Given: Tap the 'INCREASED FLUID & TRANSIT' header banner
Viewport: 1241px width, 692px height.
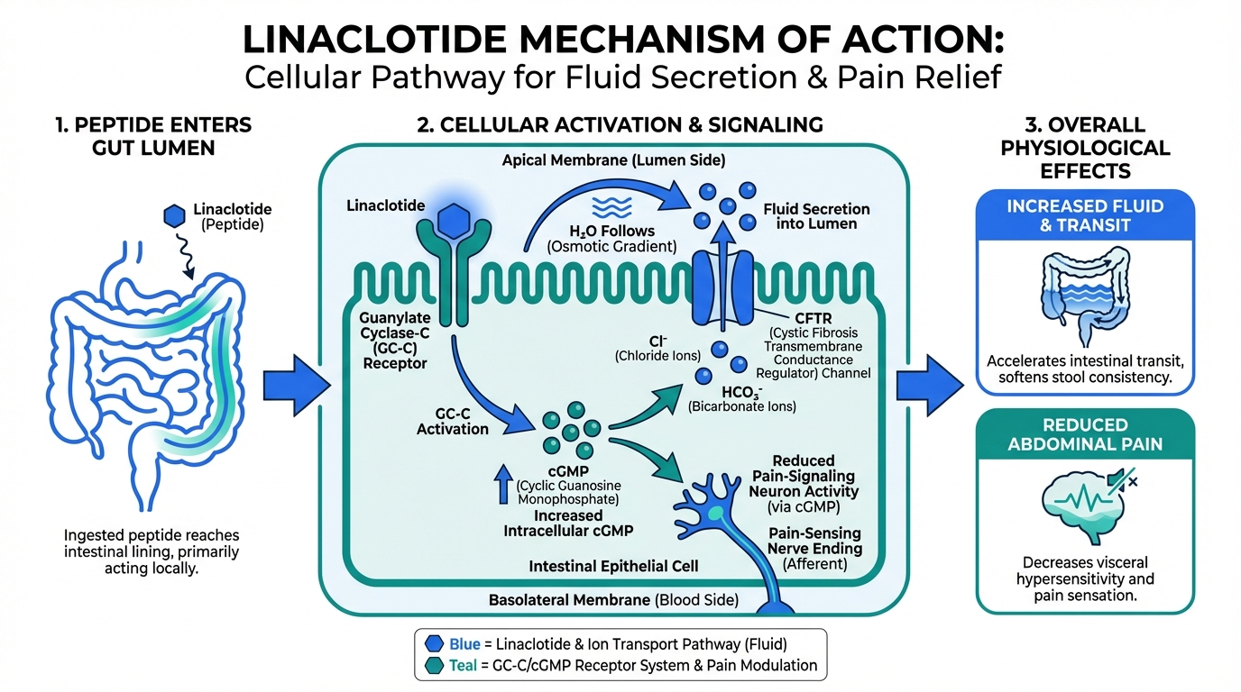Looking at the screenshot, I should point(1085,216).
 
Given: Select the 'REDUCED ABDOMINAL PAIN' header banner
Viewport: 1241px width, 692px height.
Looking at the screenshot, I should point(1085,434).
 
